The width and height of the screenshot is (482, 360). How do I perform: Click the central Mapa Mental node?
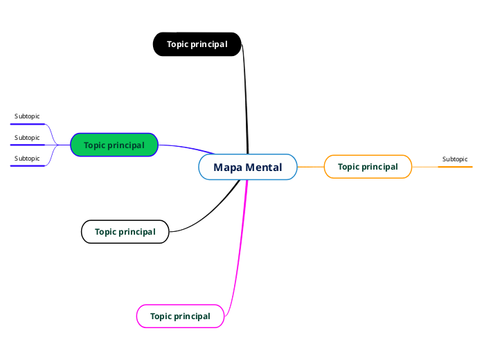coord(248,167)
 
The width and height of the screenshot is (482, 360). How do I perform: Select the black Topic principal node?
coord(197,44)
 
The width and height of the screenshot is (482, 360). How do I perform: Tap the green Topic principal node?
coord(114,145)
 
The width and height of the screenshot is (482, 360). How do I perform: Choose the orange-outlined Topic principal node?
coord(368,167)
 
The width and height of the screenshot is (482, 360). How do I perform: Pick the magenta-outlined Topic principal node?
coord(180,316)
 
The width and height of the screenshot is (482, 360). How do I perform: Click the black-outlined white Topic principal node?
coord(125,232)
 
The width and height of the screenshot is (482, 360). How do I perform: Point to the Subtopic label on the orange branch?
coord(455,159)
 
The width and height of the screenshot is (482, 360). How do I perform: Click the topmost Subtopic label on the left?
coord(27,116)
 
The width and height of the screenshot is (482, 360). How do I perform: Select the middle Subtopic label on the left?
coord(27,138)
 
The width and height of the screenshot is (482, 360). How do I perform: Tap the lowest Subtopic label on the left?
coord(27,159)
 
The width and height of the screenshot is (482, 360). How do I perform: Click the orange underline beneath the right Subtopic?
coord(455,167)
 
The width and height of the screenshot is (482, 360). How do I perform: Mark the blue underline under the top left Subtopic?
coord(27,125)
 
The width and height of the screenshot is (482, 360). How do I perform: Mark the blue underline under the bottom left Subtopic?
coord(27,166)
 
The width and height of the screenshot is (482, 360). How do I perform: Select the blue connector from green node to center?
coord(187,147)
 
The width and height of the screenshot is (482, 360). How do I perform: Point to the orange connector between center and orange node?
coord(311,167)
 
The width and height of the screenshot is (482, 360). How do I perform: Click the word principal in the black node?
coord(211,44)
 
